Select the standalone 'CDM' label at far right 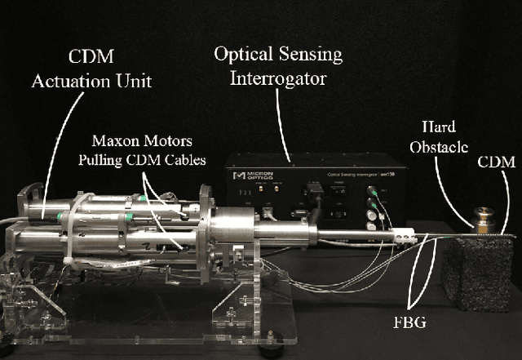pos(498,162)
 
